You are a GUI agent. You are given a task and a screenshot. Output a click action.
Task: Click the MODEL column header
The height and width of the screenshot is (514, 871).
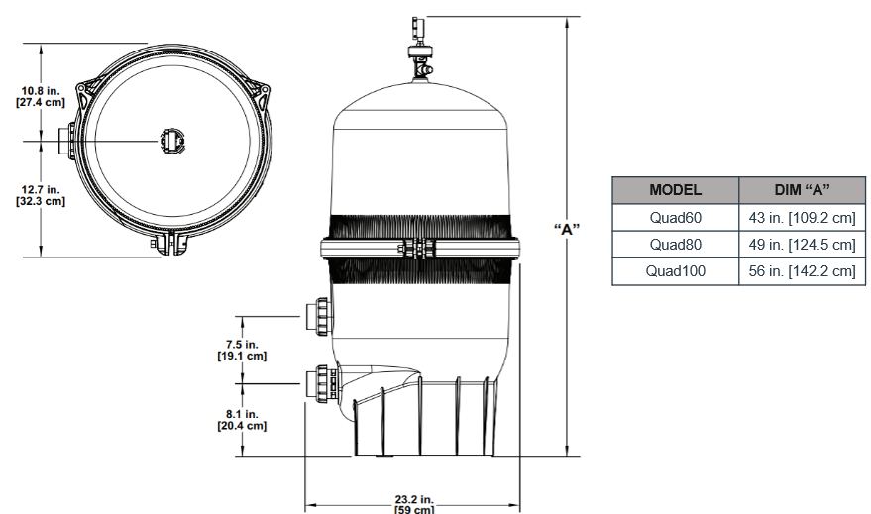click(675, 189)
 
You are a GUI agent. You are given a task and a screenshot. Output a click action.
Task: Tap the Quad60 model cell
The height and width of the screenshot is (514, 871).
click(675, 217)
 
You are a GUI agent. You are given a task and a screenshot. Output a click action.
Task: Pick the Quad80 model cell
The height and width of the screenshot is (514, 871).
click(675, 244)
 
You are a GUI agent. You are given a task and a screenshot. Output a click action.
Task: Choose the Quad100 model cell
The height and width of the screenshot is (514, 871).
click(675, 270)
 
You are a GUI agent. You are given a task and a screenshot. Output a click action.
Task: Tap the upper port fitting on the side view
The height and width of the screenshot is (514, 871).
click(319, 316)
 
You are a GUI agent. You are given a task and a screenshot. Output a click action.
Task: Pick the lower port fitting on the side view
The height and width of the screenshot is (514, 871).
click(321, 383)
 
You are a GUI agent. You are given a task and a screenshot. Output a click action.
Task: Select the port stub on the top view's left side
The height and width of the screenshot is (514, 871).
click(66, 140)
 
